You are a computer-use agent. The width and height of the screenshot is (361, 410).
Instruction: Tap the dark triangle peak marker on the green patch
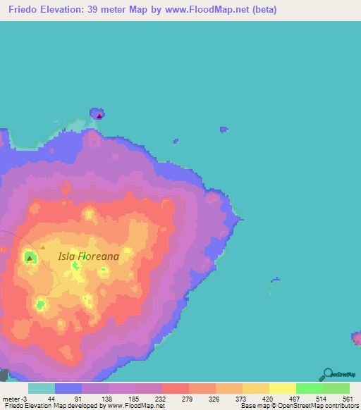click(29, 259)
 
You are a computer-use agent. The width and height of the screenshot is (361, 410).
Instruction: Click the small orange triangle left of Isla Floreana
click(42, 247)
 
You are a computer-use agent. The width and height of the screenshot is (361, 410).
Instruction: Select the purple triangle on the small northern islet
click(99, 115)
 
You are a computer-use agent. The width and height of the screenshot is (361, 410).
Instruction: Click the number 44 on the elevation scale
click(51, 398)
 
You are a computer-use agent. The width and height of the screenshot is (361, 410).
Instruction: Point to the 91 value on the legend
click(78, 398)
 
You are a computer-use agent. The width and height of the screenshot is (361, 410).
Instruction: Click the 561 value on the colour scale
click(348, 398)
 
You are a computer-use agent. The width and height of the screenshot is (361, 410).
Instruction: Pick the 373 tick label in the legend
click(240, 398)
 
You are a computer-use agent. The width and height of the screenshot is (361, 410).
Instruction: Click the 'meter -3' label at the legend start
click(14, 398)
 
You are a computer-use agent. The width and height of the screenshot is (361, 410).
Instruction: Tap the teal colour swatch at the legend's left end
click(42, 388)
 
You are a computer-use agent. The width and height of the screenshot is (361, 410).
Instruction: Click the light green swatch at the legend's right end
click(336, 388)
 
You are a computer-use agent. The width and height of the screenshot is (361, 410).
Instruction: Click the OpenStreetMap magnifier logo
click(326, 374)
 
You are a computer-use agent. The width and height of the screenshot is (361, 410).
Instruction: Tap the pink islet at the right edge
click(357, 338)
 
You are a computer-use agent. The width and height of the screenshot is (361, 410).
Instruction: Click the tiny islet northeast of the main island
click(224, 129)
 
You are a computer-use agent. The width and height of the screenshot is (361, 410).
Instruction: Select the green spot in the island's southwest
click(41, 305)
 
